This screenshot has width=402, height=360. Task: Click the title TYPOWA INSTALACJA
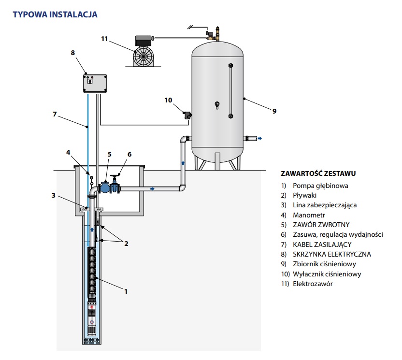pos(55,14)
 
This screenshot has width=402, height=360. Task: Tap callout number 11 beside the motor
pos(105,39)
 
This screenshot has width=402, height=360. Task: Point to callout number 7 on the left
pos(55,114)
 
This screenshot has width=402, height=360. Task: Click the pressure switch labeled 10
pos(187,115)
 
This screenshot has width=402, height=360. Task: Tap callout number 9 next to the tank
pos(274,111)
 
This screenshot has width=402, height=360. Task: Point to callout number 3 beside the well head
pos(54,195)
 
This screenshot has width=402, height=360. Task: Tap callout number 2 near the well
pos(126,244)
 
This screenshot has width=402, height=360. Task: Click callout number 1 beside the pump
pos(126,291)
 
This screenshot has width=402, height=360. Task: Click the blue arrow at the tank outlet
pos(260,139)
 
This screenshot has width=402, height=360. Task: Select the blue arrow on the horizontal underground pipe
pos(153,189)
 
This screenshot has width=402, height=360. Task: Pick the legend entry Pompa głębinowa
pos(320,185)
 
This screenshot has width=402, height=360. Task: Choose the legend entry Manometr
pos(309,215)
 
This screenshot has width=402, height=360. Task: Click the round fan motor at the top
pos(144,55)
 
